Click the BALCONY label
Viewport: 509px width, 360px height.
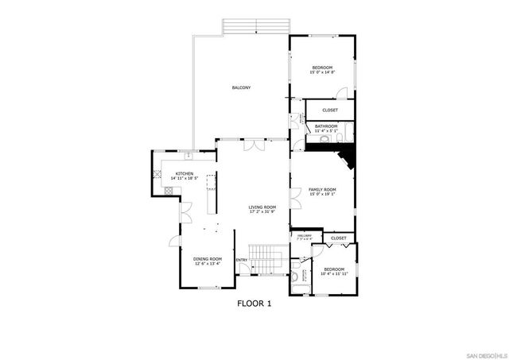[241, 87]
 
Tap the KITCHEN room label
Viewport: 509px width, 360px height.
[185, 173]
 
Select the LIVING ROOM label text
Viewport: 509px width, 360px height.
[262, 207]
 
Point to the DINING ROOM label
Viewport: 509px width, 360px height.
[207, 259]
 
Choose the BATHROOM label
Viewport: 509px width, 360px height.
[326, 126]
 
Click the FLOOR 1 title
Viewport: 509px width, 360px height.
[254, 303]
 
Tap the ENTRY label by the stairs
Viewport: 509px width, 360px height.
[242, 259]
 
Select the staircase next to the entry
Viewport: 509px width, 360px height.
[266, 258]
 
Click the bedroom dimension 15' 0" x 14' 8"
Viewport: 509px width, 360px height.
[322, 72]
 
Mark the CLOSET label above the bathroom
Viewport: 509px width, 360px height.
[329, 110]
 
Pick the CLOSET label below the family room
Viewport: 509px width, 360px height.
[338, 238]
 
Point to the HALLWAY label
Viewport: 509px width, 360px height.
[304, 237]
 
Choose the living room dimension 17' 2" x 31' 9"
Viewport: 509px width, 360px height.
[262, 212]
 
